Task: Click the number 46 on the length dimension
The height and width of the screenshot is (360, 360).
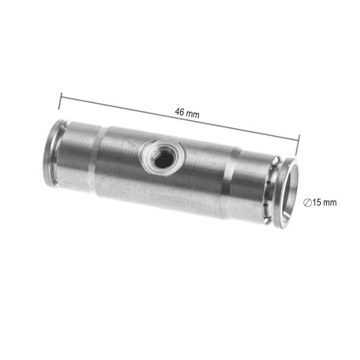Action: pos(179,112)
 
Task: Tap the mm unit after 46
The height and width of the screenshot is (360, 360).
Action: pos(193,114)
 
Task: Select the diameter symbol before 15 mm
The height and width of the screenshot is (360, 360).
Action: pos(307,203)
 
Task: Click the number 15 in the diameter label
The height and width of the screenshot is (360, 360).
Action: pos(316,203)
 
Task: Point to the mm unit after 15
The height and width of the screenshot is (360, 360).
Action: pos(329,203)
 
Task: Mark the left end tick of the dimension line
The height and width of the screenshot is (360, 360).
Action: pos(60,101)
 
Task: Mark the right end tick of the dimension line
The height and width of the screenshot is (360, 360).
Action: pos(298,145)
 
